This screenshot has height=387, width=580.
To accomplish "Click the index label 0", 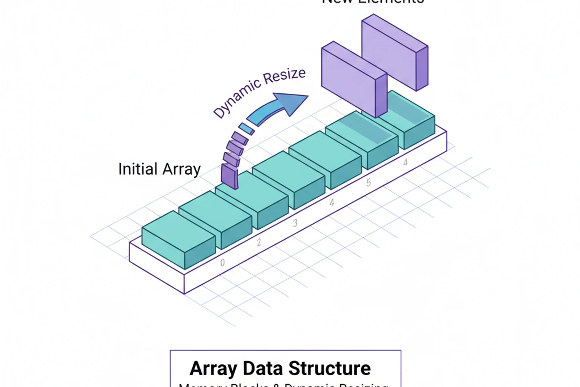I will pyautogui.click(x=222, y=263).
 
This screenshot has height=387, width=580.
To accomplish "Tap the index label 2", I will pyautogui.click(x=259, y=243).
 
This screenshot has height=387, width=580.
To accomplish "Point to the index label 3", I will pyautogui.click(x=295, y=223).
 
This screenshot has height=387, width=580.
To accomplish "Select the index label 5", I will pyautogui.click(x=369, y=183).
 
